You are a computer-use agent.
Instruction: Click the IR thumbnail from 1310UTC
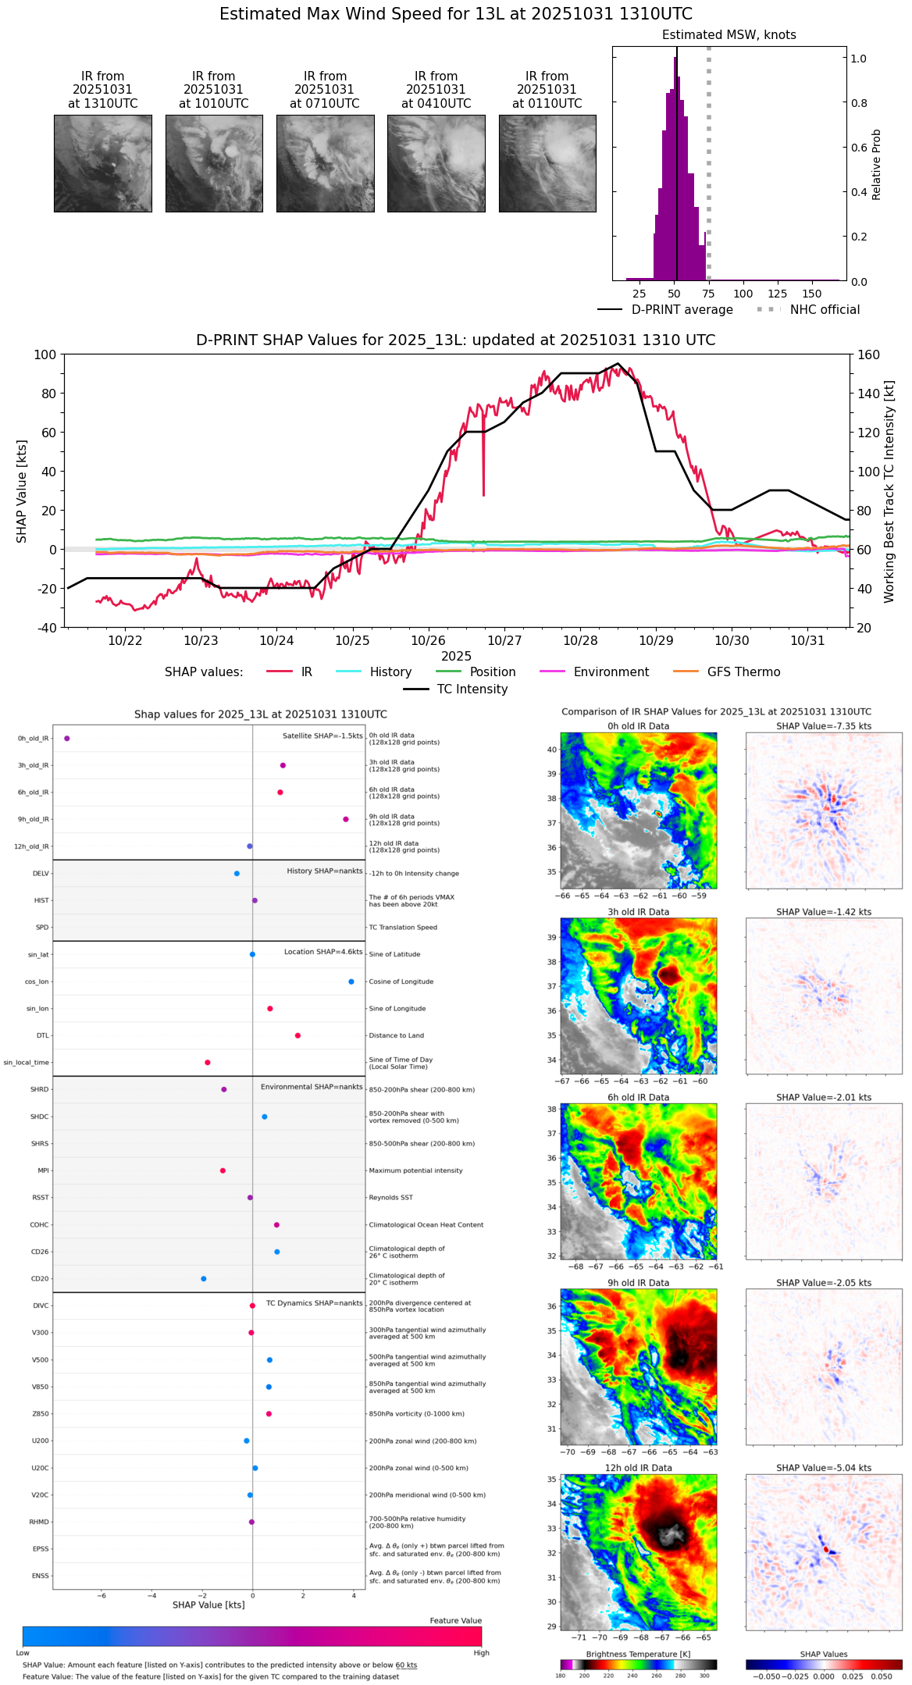click(103, 163)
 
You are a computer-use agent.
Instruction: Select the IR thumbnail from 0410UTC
click(436, 163)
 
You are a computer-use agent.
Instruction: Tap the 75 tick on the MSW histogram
click(708, 294)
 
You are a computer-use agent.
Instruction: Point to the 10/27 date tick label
click(504, 641)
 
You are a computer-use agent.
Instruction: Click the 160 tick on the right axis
click(868, 355)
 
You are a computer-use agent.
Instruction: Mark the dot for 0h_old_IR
click(67, 739)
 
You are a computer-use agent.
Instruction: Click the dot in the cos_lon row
click(351, 981)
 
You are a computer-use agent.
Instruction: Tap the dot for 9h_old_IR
click(346, 819)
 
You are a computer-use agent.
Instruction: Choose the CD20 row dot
click(204, 1279)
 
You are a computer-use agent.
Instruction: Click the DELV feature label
click(41, 874)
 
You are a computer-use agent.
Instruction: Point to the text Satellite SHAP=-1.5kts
click(322, 736)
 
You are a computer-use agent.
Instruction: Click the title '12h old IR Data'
click(638, 1468)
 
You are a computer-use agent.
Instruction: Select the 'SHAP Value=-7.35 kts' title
click(824, 726)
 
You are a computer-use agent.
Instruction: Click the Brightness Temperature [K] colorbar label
click(638, 1654)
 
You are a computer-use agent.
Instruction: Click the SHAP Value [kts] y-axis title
click(22, 491)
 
